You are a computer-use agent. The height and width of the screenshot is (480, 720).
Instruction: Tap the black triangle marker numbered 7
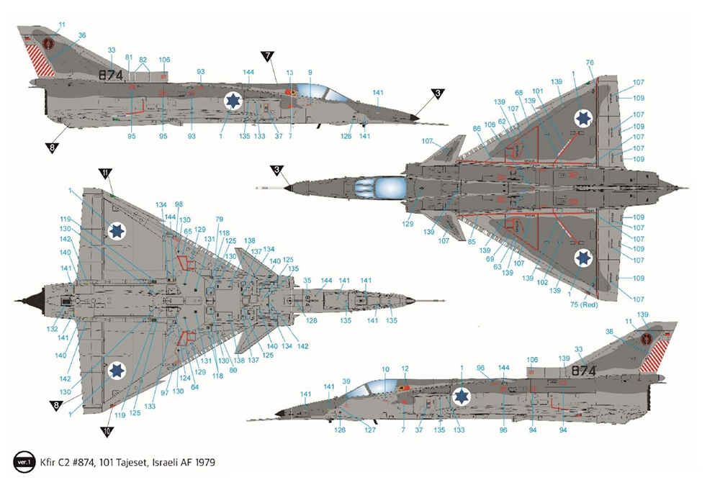(x=268, y=56)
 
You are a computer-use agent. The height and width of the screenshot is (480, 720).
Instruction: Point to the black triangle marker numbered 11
(x=105, y=173)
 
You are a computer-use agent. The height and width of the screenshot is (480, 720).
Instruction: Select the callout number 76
(x=590, y=63)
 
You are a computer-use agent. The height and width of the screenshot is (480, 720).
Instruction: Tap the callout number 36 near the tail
(x=81, y=35)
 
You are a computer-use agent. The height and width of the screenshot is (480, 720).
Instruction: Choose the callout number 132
(x=52, y=329)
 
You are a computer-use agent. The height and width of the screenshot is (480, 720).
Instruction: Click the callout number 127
(x=370, y=430)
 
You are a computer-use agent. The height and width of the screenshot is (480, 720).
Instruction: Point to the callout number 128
(x=310, y=320)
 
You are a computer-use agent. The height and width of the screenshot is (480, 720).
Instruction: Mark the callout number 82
(x=143, y=60)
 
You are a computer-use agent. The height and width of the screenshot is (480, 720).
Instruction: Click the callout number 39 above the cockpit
(x=346, y=381)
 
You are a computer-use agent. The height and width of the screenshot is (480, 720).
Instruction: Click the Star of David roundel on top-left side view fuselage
(x=232, y=101)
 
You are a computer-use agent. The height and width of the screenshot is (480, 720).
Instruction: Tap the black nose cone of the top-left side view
(x=414, y=117)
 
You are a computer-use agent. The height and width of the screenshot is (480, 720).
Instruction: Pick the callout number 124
(x=185, y=378)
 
